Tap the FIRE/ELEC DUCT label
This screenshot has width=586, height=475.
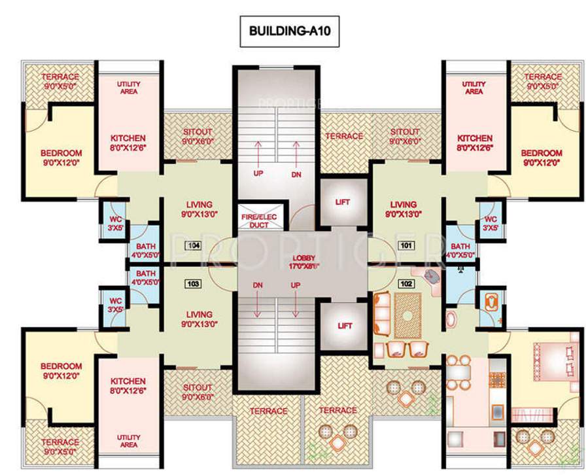(x=259, y=220)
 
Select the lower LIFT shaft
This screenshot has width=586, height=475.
(x=343, y=325)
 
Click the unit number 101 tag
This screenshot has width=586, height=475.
(x=405, y=245)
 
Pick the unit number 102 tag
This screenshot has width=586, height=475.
(x=405, y=285)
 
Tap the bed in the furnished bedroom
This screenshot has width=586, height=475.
(x=550, y=357)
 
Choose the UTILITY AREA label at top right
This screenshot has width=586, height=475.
(x=474, y=88)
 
